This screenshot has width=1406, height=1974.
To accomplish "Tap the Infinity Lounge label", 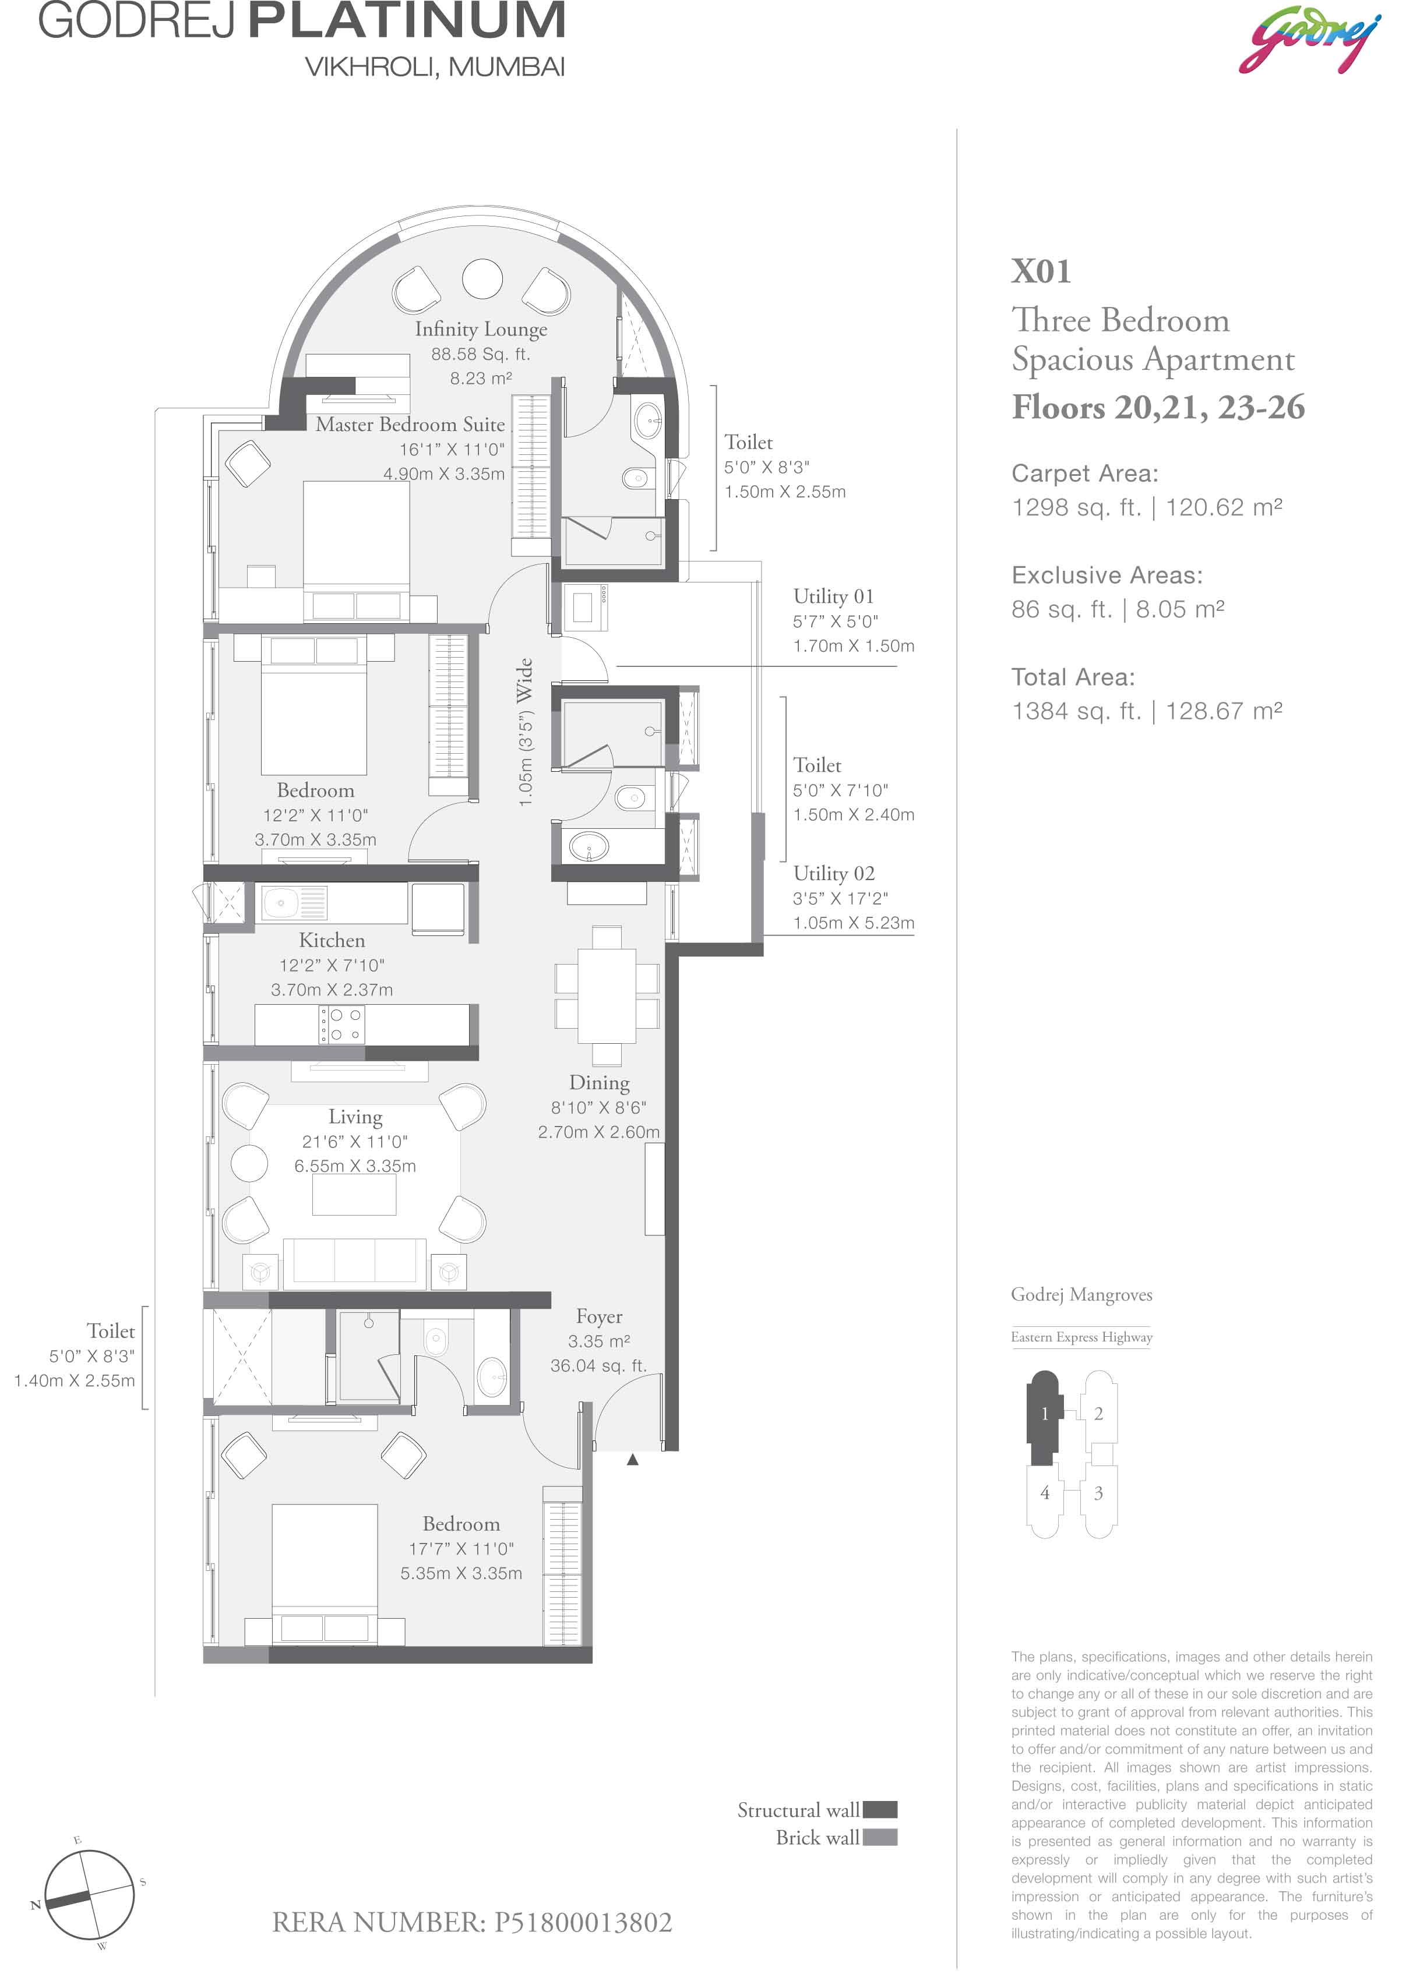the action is point(481,329).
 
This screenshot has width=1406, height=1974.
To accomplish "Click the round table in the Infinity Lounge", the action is point(482,278).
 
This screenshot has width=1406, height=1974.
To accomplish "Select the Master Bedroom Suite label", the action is point(410,424).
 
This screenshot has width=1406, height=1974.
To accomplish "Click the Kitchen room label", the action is point(332,941).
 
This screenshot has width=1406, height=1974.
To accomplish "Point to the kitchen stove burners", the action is point(342,1025).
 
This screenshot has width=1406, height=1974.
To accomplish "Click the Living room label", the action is point(355,1117).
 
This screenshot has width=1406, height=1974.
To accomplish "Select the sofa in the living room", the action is point(355,1262).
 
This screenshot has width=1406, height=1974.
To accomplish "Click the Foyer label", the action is point(599,1316).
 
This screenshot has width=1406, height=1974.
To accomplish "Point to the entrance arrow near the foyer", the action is point(633,1460).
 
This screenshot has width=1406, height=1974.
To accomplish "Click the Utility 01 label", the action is point(834,596).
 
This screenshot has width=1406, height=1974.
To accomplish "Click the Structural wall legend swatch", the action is point(880,1810).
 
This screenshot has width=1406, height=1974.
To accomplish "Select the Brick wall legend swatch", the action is point(880,1837).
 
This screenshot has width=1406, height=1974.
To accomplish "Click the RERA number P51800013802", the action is point(472,1922).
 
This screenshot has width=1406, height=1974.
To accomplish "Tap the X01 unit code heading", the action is point(1041,272).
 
